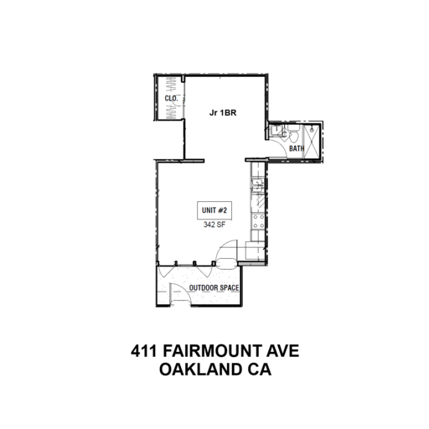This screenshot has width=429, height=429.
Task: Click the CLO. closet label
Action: (x=171, y=98)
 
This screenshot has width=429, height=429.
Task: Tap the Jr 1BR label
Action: (x=223, y=113)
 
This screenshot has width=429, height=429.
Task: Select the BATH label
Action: (x=297, y=148)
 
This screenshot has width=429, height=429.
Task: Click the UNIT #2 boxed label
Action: (x=214, y=210)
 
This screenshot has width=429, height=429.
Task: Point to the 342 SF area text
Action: (x=214, y=225)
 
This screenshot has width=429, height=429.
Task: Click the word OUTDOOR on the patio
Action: (x=203, y=287)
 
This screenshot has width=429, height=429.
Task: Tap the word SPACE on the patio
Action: (x=228, y=287)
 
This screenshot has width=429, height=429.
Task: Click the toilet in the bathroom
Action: (x=293, y=134)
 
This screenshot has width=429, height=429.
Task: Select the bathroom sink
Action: (x=277, y=131)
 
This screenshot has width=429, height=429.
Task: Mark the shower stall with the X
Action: (x=312, y=142)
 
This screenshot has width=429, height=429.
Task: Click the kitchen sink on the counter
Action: (x=257, y=185)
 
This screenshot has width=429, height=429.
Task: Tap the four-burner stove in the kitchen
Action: (x=258, y=221)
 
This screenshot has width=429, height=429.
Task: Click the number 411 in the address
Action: (x=144, y=351)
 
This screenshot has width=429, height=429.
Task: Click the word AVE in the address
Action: (x=282, y=351)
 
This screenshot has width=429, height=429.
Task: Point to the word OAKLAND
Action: (x=200, y=370)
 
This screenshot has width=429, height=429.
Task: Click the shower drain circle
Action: (x=312, y=130)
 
